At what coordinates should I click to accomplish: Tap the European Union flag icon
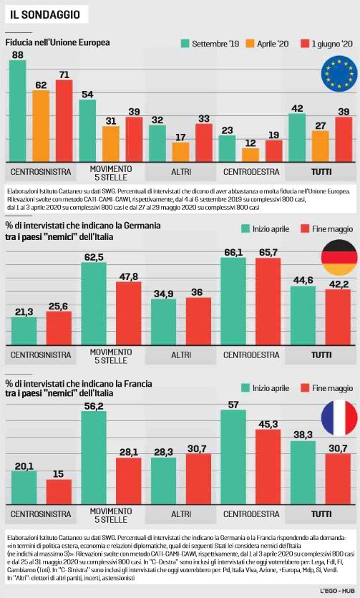point(339,74)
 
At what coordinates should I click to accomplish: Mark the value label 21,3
point(24,312)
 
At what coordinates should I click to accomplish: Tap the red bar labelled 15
point(59,492)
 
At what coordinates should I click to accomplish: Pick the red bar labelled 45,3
point(268,467)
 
